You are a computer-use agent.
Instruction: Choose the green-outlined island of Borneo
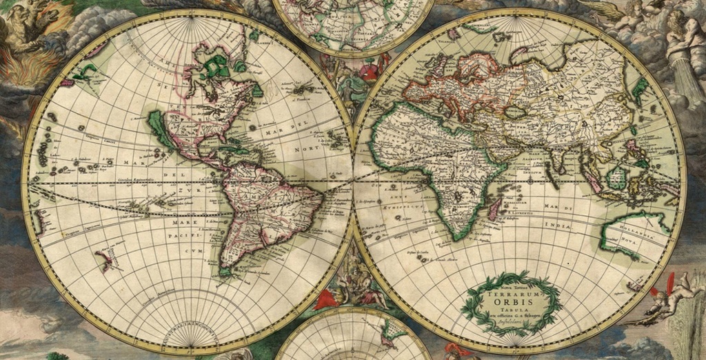pos(615,177)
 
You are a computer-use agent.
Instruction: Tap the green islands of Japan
pos(641,90)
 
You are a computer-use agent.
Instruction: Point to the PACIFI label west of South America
pos(178,236)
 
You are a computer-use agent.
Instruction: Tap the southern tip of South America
pos(226,272)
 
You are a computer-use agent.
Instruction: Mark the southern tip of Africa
pos(452,237)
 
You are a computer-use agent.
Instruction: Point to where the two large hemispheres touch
pos(353,179)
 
